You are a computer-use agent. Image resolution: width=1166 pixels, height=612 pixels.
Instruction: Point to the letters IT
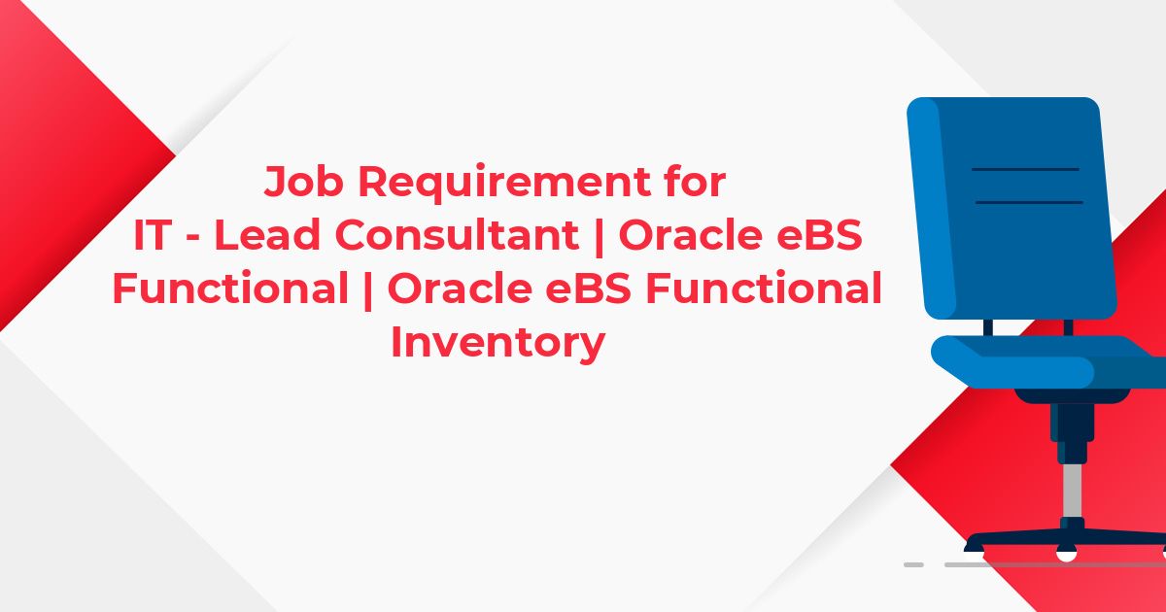pos(154,235)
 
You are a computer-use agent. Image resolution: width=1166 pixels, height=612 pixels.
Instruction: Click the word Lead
pos(267,234)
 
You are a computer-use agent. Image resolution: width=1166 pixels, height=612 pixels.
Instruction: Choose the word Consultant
pos(461,234)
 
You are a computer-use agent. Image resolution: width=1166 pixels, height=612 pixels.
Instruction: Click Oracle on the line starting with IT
pos(689,234)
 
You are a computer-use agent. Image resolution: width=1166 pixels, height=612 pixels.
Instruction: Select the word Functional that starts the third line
pos(230,288)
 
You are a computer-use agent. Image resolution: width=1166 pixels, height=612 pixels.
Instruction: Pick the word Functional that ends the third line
pos(764,288)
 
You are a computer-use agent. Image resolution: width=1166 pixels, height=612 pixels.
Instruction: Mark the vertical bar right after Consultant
pos(599,236)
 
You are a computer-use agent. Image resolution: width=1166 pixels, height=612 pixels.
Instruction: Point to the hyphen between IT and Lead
pos(192,238)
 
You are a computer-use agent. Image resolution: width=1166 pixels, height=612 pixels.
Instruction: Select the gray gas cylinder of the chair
pos(1073,491)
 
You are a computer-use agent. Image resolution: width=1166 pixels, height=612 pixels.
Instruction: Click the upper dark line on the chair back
pos(1025,169)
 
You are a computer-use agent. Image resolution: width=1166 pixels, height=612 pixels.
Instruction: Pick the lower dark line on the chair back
pos(1029,202)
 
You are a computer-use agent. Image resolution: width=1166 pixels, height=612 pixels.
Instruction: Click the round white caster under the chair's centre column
pos(1066,554)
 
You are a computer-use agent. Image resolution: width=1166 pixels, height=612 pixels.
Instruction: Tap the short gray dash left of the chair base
pos(913,565)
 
